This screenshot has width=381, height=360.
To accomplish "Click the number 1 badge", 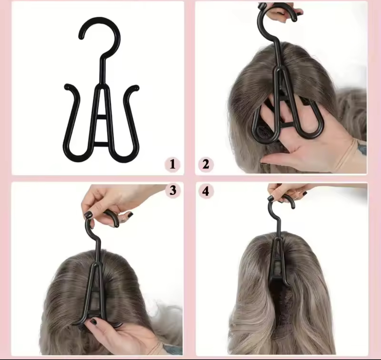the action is coord(172,165).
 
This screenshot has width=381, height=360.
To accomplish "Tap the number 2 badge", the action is coord(206,165).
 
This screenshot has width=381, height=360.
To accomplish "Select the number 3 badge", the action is coord(173,191).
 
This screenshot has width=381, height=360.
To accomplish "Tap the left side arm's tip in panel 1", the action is coord(67,87).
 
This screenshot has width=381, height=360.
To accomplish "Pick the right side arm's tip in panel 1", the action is coord(136,88).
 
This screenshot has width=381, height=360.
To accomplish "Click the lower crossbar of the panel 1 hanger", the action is coord(101,144).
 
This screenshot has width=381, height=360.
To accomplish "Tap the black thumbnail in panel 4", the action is coord(271,198).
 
